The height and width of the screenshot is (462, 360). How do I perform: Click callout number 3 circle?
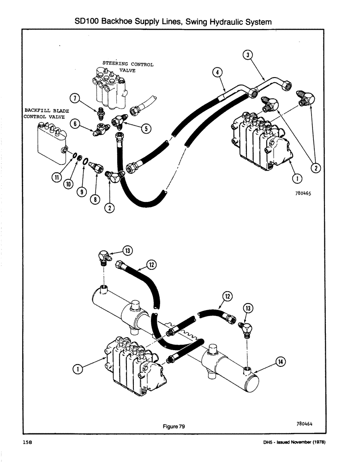[x=248, y=55]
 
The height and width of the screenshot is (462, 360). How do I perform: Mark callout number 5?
[x=146, y=128]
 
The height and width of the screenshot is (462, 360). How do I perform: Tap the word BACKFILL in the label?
[x=37, y=111]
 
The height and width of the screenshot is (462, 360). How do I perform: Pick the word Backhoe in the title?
[x=117, y=21]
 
